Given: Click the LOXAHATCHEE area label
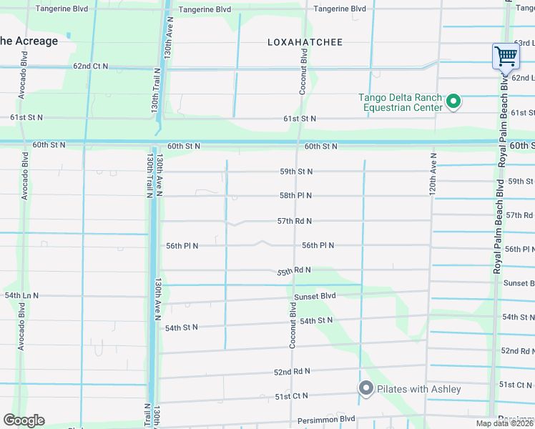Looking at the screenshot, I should point(305,42).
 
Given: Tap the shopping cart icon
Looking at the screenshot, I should point(506,55).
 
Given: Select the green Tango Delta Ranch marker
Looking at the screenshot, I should point(453,102).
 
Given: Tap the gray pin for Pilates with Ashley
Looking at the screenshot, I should point(366,388).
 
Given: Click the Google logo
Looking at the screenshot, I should point(24,420).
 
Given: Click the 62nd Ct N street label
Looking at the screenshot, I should point(90,66).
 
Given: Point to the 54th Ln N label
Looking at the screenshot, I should point(22,295).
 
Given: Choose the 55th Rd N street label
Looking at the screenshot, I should point(294,270).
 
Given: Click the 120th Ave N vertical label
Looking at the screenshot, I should point(433,174).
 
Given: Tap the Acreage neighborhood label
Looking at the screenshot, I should point(29,41).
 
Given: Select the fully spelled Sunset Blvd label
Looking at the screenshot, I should point(315,296).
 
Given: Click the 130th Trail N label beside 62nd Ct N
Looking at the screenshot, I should point(155,90).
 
